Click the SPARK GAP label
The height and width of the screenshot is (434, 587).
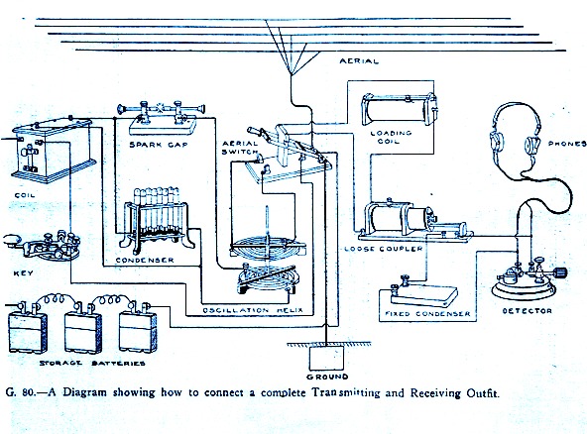click(159, 145)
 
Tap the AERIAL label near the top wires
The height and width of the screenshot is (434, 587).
click(359, 61)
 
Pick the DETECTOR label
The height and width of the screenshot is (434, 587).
click(527, 310)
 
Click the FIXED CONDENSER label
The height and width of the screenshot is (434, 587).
click(427, 313)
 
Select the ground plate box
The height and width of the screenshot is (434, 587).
click(326, 358)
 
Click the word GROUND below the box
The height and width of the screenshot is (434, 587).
click(327, 377)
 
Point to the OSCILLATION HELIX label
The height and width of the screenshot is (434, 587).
click(253, 310)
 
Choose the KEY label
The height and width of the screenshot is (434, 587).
click(23, 273)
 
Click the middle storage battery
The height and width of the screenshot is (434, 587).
click(82, 328)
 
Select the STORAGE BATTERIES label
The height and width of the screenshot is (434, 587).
click(92, 363)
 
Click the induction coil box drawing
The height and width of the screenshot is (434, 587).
click(53, 150)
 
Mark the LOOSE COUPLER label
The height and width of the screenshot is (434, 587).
click(383, 249)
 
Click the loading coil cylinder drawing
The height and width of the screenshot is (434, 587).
click(399, 110)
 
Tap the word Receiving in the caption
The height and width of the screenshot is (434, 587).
click(436, 393)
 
